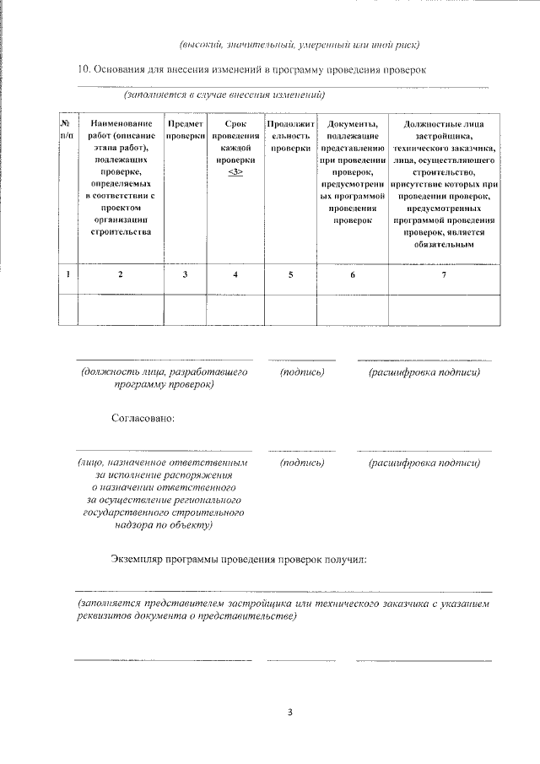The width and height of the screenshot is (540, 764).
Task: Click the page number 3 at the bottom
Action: (x=289, y=712)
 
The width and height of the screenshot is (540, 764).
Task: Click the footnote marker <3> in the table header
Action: (x=235, y=171)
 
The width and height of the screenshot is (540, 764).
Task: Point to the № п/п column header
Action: (x=67, y=129)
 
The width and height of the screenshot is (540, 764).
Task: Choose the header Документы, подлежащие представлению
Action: (x=353, y=171)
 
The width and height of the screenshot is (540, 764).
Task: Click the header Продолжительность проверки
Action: (x=290, y=135)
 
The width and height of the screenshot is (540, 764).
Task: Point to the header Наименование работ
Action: (x=120, y=177)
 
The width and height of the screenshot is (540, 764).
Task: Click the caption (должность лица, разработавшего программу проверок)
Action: (x=164, y=378)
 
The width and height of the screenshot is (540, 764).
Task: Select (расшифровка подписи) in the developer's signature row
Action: (x=424, y=372)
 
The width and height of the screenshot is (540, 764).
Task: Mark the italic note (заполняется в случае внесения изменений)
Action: (x=224, y=94)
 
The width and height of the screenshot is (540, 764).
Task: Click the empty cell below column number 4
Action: (x=235, y=309)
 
